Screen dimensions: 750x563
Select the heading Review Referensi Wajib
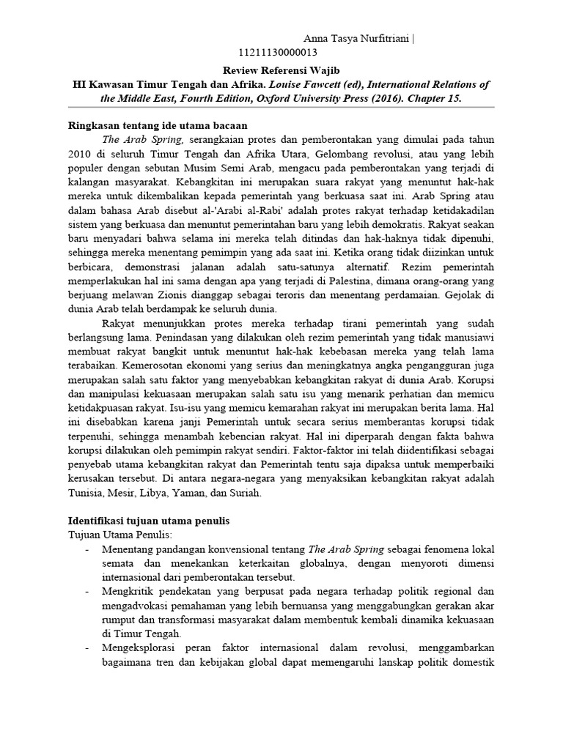(x=281, y=70)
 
